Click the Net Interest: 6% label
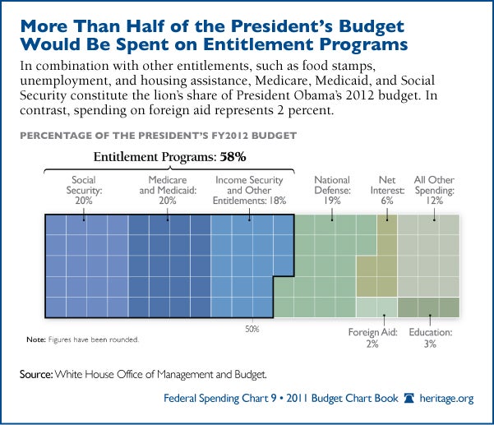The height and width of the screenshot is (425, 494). (x=386, y=185)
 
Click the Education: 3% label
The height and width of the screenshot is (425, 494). (x=430, y=338)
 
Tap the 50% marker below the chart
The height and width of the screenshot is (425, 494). (x=252, y=329)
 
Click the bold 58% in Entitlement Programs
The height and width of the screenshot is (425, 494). (x=232, y=155)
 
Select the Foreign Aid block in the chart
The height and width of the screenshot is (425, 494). (x=376, y=307)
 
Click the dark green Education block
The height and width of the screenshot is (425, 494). (x=428, y=307)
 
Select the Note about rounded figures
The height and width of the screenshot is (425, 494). (x=82, y=339)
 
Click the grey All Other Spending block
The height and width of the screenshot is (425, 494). (x=428, y=255)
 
